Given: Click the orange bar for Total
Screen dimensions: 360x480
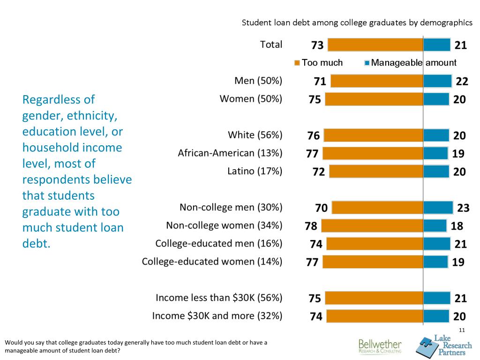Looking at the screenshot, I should pyautogui.click(x=375, y=45).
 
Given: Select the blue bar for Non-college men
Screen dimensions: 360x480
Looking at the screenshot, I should pyautogui.click(x=438, y=208).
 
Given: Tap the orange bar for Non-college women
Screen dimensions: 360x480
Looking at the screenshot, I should pyautogui.click(x=372, y=226).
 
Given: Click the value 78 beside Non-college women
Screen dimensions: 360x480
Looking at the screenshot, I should pyautogui.click(x=311, y=226).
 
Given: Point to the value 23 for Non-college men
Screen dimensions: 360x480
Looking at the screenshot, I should pyautogui.click(x=463, y=208).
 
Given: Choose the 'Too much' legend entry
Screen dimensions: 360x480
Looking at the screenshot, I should pyautogui.click(x=319, y=63).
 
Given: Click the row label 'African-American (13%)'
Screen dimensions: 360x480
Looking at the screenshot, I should pyautogui.click(x=230, y=153).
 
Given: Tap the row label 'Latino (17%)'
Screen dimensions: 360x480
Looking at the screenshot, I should pyautogui.click(x=255, y=172).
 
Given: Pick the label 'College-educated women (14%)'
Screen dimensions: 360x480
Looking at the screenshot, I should pyautogui.click(x=212, y=262).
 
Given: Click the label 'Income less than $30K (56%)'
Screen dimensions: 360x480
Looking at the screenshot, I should pyautogui.click(x=219, y=298).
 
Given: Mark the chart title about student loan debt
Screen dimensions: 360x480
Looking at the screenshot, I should pyautogui.click(x=357, y=22).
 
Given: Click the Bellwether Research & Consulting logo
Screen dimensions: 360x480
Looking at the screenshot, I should pyautogui.click(x=380, y=346).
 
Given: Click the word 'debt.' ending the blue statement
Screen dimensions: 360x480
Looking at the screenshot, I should pyautogui.click(x=36, y=244).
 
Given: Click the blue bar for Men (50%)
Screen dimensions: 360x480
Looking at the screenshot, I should pyautogui.click(x=437, y=81).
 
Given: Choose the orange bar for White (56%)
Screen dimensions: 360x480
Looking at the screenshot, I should pyautogui.click(x=374, y=135).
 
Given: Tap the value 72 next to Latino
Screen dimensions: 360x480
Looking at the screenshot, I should pyautogui.click(x=319, y=172).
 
